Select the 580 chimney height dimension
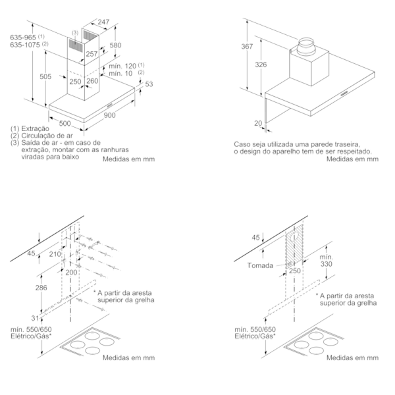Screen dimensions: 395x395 pos(115,45)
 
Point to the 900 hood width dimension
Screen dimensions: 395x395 pos(110,116)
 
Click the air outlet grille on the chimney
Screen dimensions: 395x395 pos(78,44)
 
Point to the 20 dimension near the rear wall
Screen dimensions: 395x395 pos(257,122)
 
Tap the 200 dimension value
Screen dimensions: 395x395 pos(70,272)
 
